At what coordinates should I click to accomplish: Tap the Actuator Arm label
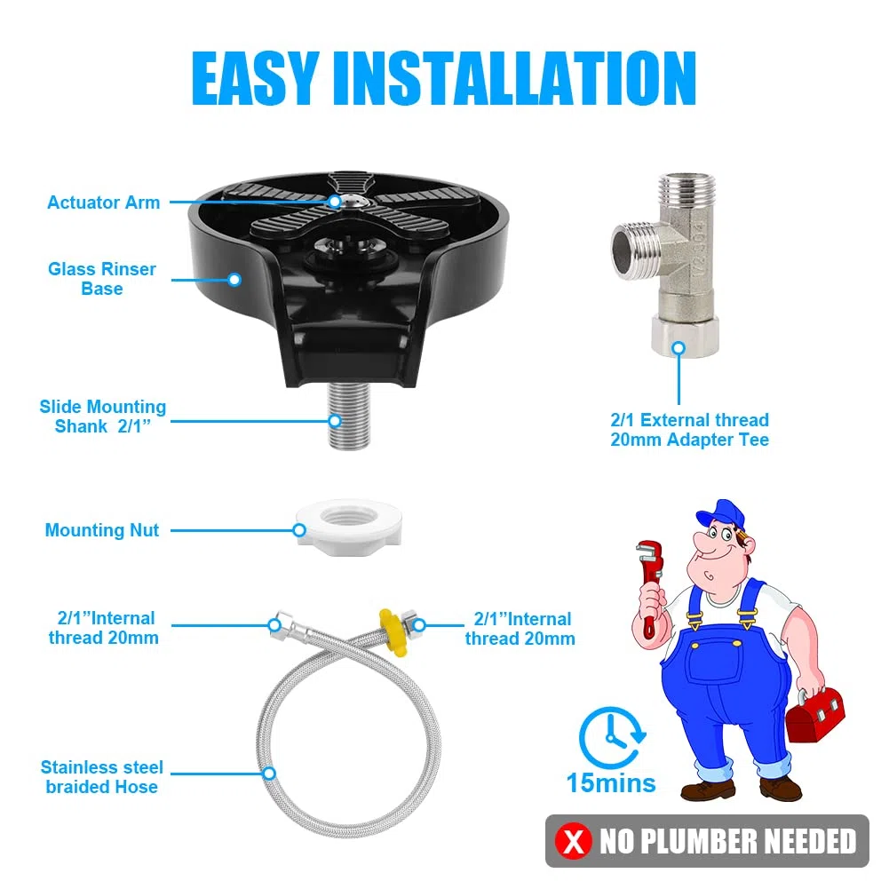pyautogui.click(x=103, y=202)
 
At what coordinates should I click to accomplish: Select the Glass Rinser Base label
pyautogui.click(x=102, y=278)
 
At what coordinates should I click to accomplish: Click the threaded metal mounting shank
pyautogui.click(x=350, y=416)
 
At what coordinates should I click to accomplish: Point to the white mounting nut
pyautogui.click(x=348, y=528)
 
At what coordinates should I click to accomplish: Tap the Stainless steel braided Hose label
pyautogui.click(x=101, y=777)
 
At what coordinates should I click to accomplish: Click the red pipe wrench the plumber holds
pyautogui.click(x=650, y=584)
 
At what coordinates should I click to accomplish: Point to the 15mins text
pyautogui.click(x=611, y=783)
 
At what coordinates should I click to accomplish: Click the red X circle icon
pyautogui.click(x=573, y=841)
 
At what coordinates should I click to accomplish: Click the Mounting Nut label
pyautogui.click(x=102, y=530)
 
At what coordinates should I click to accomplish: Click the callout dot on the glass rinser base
pyautogui.click(x=234, y=279)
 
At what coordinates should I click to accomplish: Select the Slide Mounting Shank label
pyautogui.click(x=103, y=417)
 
